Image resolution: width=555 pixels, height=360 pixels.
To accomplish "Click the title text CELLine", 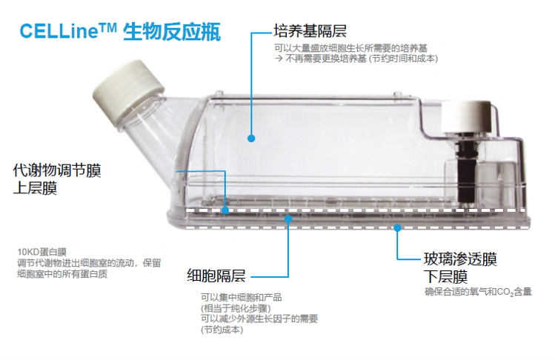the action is tap(59, 31).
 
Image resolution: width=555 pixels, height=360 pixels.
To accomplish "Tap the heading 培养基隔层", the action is tap(310, 31).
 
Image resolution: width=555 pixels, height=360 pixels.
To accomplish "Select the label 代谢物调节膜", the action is tap(57, 170).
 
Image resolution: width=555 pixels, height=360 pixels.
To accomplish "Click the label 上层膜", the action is tap(35, 188).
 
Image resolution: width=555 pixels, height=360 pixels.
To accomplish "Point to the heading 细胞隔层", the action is tap(216, 276).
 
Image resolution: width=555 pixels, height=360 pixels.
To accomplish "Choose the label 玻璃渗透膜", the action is tap(460, 259).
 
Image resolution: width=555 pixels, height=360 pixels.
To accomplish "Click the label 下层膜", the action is tap(445, 276).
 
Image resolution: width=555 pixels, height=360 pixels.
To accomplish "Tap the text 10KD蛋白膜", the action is tap(41, 252).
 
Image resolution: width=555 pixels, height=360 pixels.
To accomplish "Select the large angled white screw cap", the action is tap(128, 93).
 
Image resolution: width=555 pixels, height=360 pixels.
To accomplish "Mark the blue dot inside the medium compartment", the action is tap(251, 139).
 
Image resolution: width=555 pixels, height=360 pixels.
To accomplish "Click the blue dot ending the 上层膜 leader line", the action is tap(225, 210).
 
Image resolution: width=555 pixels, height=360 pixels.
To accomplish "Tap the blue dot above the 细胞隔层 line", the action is tap(288, 219).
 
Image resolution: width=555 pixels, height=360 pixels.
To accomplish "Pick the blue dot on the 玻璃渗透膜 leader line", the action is tap(397, 228).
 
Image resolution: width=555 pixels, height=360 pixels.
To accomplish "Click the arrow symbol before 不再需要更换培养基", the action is tap(279, 59).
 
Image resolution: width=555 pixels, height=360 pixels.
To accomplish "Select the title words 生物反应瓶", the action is tap(172, 32).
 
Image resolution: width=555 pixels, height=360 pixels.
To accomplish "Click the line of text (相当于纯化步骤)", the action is tap(236, 308).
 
